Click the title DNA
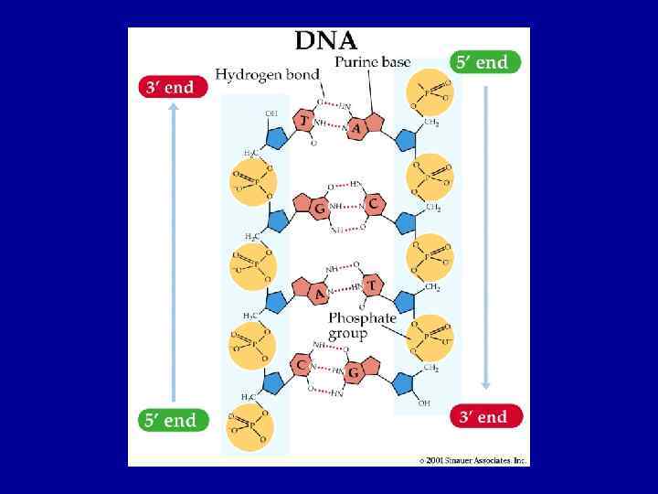point(326,41)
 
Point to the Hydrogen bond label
point(267,74)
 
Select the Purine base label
point(372,62)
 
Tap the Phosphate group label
point(362,326)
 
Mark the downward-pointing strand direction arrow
point(486,238)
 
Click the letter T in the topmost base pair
point(302,121)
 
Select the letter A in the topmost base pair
point(356,129)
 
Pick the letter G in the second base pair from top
point(320,209)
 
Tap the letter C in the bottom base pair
point(301,365)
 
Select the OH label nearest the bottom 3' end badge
point(424,403)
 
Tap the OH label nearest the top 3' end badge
point(271,113)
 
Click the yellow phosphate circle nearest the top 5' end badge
point(428,91)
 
